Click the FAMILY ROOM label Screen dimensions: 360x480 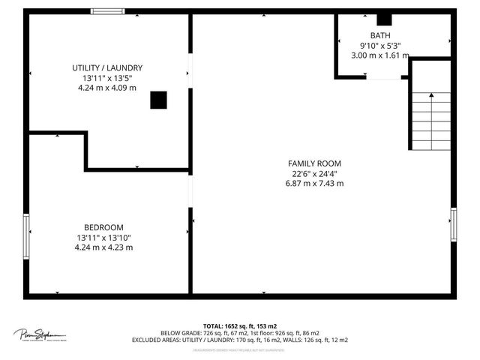314,163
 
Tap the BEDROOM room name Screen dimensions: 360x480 103,227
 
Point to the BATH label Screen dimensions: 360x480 380,35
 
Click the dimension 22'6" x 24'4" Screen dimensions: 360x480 314,173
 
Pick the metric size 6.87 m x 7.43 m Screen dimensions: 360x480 314,183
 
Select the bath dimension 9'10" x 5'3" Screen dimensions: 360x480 380,45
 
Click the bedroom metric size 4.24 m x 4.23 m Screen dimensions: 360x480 103,247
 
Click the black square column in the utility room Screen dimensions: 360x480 158,100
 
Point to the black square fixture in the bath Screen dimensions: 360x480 384,20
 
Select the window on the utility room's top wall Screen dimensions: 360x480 108,11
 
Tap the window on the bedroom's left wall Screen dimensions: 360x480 26,236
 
